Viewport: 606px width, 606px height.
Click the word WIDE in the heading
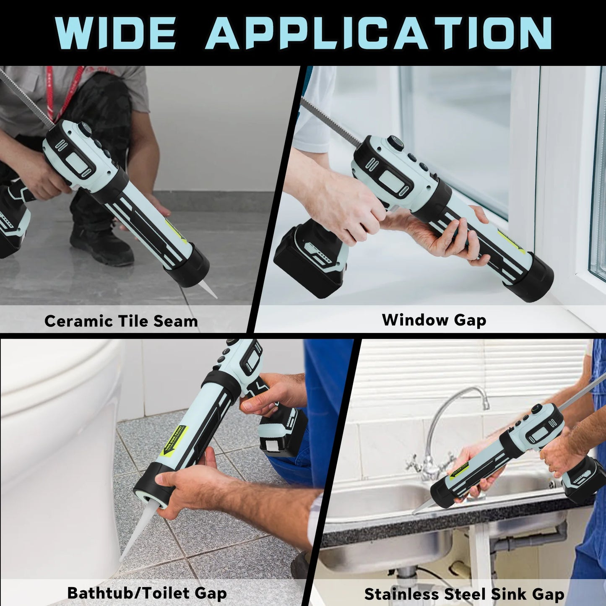pyautogui.click(x=115, y=34)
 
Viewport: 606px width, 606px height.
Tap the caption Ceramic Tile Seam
pyautogui.click(x=121, y=321)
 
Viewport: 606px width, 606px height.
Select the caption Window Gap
pyautogui.click(x=434, y=320)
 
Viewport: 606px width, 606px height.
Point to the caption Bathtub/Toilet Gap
pyautogui.click(x=147, y=593)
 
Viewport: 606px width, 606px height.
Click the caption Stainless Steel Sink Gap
pyautogui.click(x=464, y=594)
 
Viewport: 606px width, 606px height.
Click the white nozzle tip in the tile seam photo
pyautogui.click(x=208, y=289)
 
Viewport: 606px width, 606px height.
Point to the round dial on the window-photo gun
pyautogui.click(x=395, y=143)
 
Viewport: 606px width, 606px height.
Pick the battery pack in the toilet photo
pyautogui.click(x=281, y=432)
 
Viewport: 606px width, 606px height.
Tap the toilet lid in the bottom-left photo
pyautogui.click(x=55, y=369)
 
